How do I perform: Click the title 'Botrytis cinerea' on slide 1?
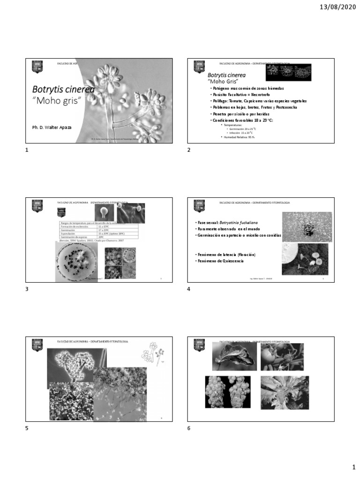(63, 89)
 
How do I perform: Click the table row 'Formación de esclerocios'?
(78, 226)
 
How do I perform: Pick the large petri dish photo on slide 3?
(76, 261)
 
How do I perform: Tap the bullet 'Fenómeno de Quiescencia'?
(220, 261)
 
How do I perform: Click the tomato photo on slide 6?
(282, 357)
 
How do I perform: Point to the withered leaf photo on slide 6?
(234, 357)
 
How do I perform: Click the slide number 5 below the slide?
(27, 428)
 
